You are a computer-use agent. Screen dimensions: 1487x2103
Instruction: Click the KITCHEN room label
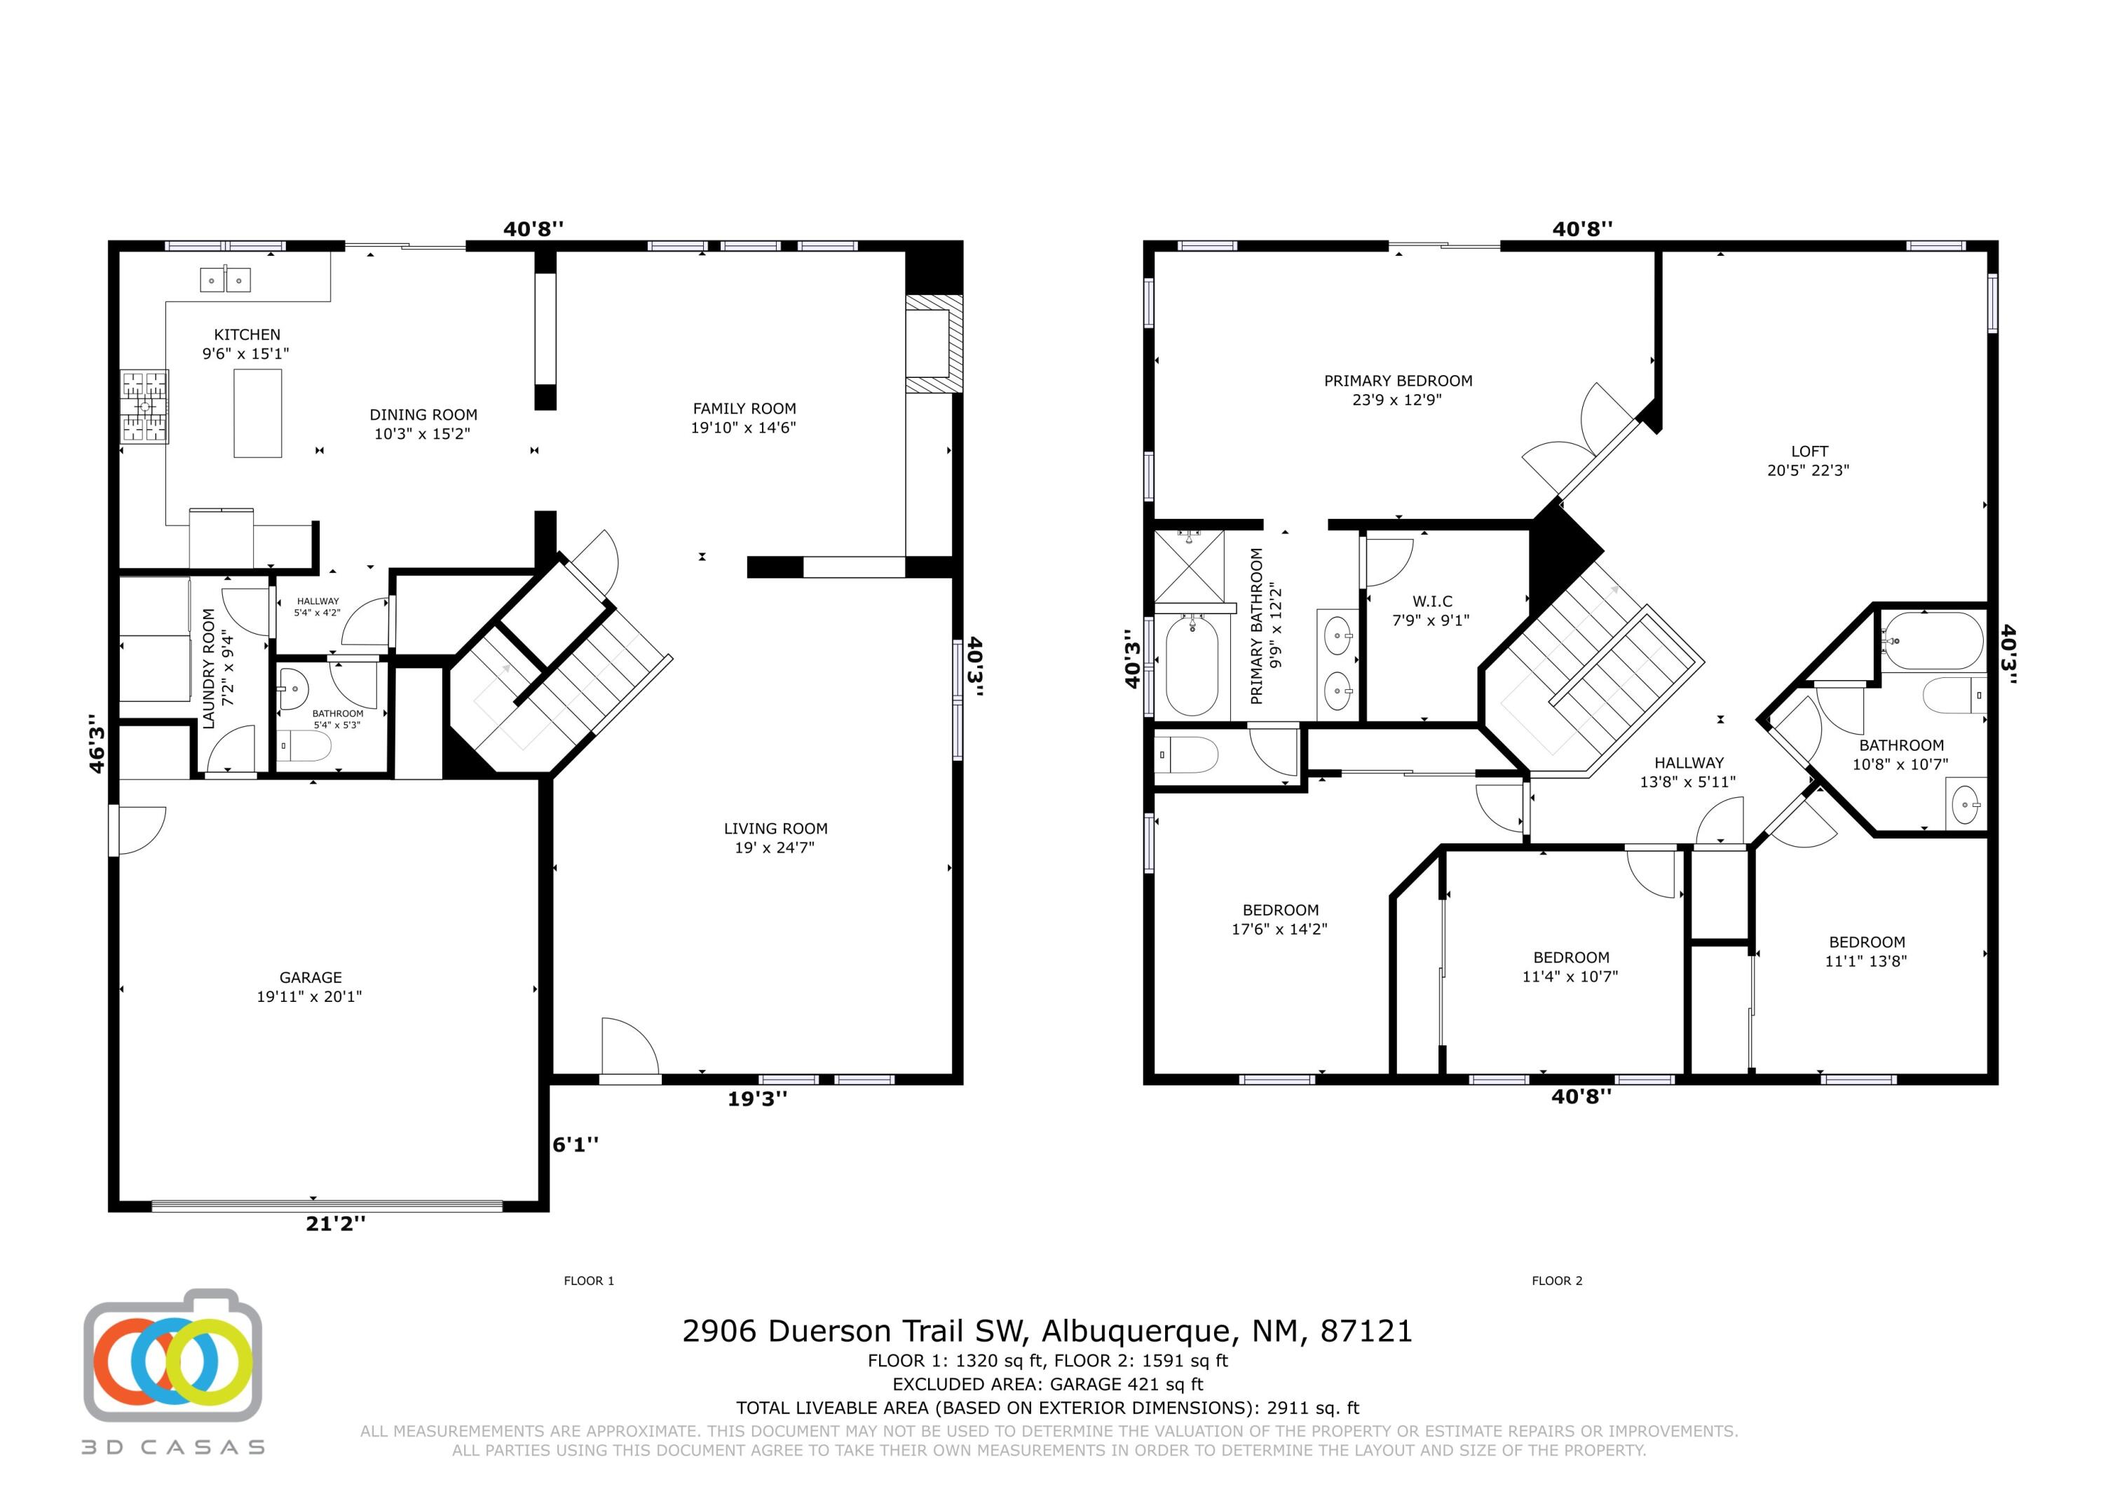[247, 335]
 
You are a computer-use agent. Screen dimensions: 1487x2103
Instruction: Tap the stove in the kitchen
[144, 406]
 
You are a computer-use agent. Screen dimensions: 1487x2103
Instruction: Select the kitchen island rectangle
[257, 413]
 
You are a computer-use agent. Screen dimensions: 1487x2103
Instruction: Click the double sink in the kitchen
[225, 280]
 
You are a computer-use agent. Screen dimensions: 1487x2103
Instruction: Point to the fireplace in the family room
[932, 344]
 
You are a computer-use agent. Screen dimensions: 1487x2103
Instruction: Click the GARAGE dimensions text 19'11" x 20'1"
[310, 997]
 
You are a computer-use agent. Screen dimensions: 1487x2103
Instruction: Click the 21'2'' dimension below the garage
[335, 1223]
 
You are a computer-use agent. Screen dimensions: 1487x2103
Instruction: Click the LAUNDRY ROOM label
[209, 668]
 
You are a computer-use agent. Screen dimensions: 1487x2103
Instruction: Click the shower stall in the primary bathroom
[1189, 565]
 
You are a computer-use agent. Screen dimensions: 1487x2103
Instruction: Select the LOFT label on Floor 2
[1809, 451]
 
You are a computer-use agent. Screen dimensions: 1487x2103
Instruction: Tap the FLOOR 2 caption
[1557, 1281]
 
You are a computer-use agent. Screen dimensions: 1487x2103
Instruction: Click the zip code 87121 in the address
[1366, 1331]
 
